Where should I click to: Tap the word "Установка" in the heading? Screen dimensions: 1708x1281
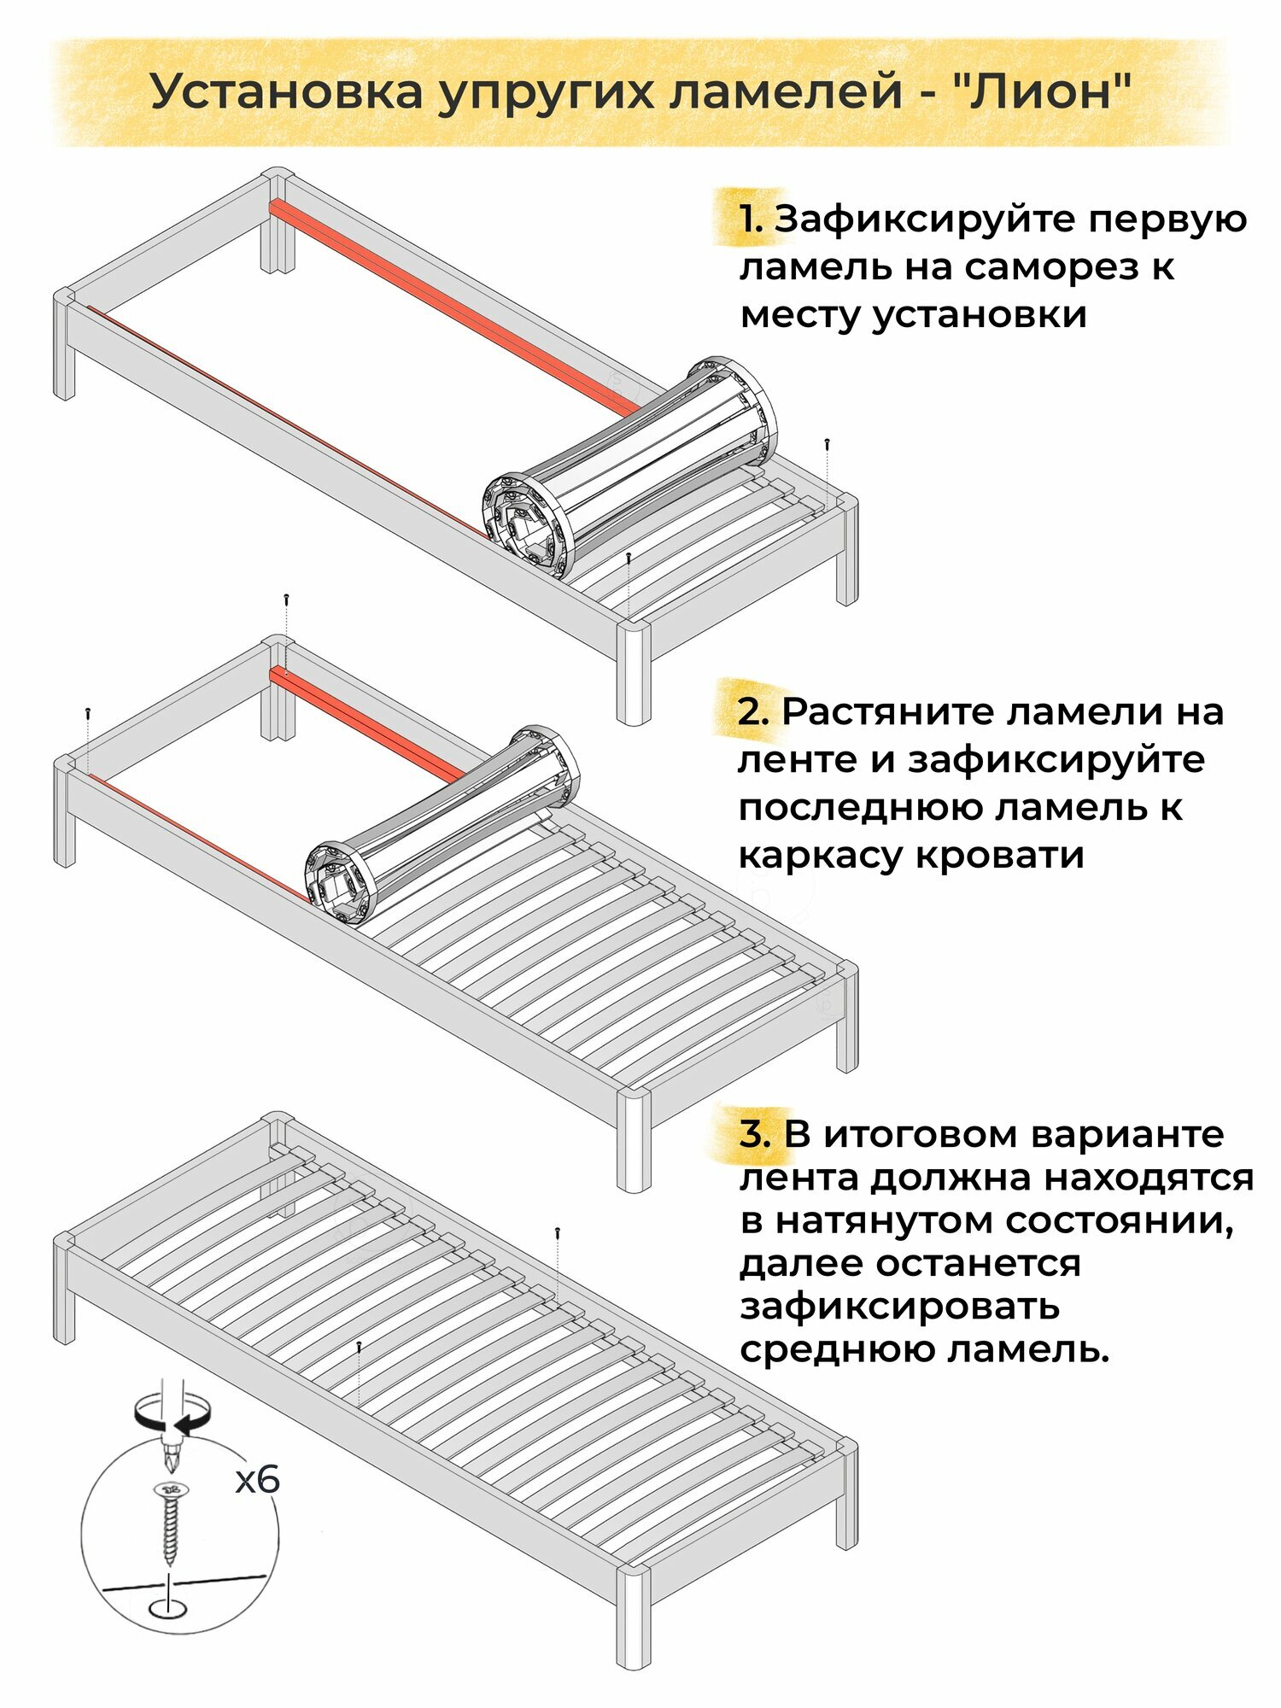(x=287, y=92)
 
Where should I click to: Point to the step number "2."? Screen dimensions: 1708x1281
(x=753, y=711)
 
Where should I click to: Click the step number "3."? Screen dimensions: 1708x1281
(x=755, y=1134)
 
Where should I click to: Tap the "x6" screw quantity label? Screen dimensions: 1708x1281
(x=257, y=1480)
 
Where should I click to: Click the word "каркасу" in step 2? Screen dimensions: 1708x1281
(x=822, y=855)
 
